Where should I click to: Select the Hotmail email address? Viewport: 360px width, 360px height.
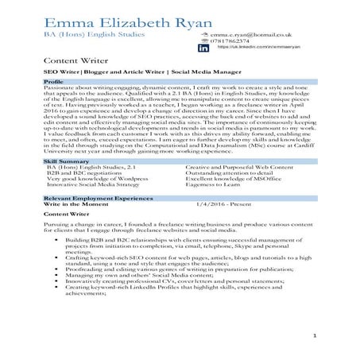(250, 37)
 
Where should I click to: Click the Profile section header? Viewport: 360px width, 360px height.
(54, 82)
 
